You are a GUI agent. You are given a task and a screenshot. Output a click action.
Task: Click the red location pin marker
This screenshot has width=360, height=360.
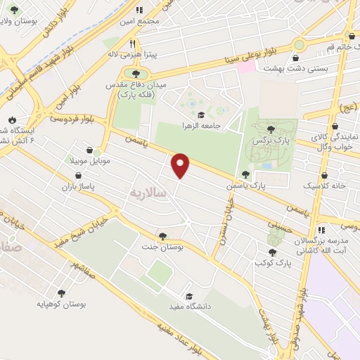click(x=181, y=165)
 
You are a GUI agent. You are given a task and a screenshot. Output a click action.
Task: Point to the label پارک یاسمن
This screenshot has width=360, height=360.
click(x=244, y=186)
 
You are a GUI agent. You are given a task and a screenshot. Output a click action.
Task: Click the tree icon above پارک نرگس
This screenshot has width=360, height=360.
click(x=271, y=129)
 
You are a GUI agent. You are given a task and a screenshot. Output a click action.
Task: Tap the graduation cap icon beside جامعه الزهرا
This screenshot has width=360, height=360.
click(x=200, y=115)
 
